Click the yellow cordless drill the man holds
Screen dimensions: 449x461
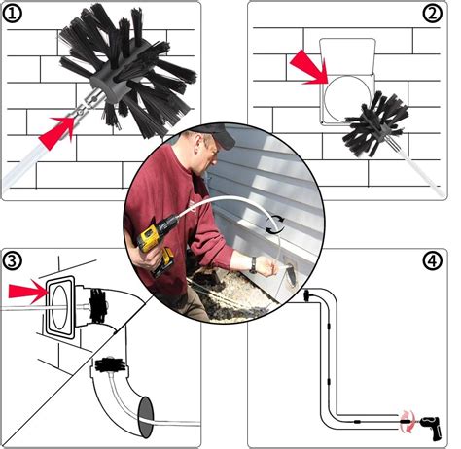tap(157, 248)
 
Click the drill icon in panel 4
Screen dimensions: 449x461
tap(429, 419)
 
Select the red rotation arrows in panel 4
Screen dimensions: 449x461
tap(406, 417)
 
